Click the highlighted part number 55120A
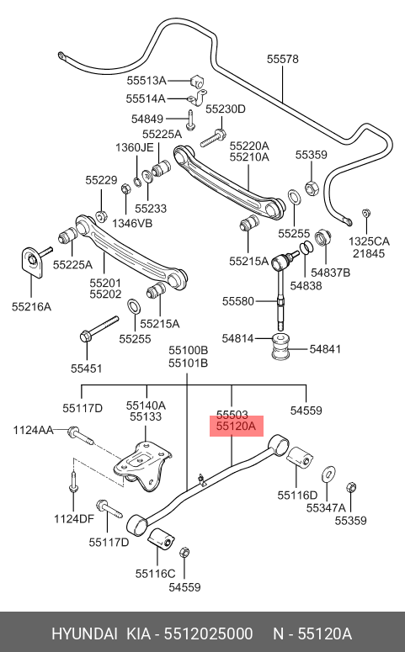pyautogui.click(x=236, y=427)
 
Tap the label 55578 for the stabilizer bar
pyautogui.click(x=283, y=59)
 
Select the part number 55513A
pyautogui.click(x=147, y=81)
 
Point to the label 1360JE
pyautogui.click(x=135, y=147)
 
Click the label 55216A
pyautogui.click(x=31, y=307)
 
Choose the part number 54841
pyautogui.click(x=325, y=349)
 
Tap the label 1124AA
pyautogui.click(x=33, y=430)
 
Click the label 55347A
pyautogui.click(x=326, y=507)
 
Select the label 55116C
pyautogui.click(x=155, y=574)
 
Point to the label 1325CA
pyautogui.click(x=369, y=241)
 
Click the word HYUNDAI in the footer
pyautogui.click(x=84, y=634)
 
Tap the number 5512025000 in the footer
pyautogui.click(x=208, y=634)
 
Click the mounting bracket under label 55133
pyautogui.click(x=144, y=466)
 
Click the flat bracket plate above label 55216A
pyautogui.click(x=32, y=262)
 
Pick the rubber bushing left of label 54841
pyautogui.click(x=281, y=346)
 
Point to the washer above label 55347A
pyautogui.click(x=329, y=474)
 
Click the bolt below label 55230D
pyautogui.click(x=213, y=139)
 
